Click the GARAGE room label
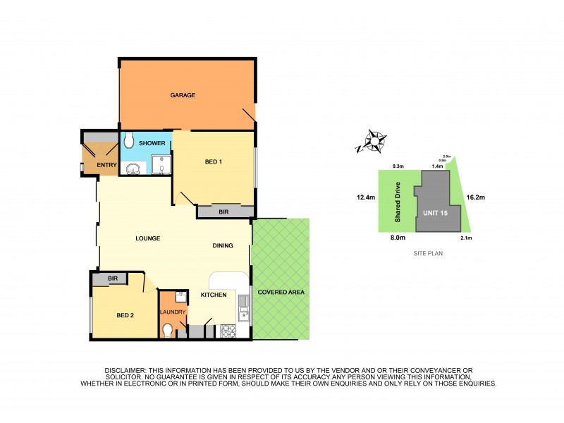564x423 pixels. tap(183, 95)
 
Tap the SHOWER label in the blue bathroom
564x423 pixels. tap(152, 143)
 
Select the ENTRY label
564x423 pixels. tap(97, 165)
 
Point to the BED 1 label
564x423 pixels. tap(214, 162)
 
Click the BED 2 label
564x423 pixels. tap(125, 315)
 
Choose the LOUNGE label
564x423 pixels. tap(148, 238)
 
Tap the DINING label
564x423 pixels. tap(224, 245)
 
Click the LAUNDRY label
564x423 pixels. tap(172, 312)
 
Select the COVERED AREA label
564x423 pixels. tap(281, 291)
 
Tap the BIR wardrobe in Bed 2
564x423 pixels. tap(113, 279)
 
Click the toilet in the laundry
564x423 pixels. tap(166, 330)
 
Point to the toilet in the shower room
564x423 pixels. tap(128, 141)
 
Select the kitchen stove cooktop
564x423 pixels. tap(228, 330)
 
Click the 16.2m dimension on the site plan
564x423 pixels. tap(473, 198)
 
